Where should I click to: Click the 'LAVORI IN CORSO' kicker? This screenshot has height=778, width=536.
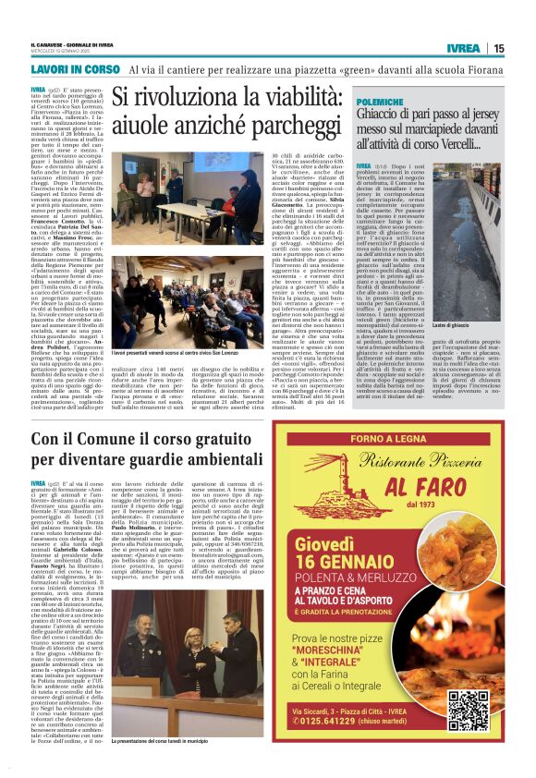tap(76, 69)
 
